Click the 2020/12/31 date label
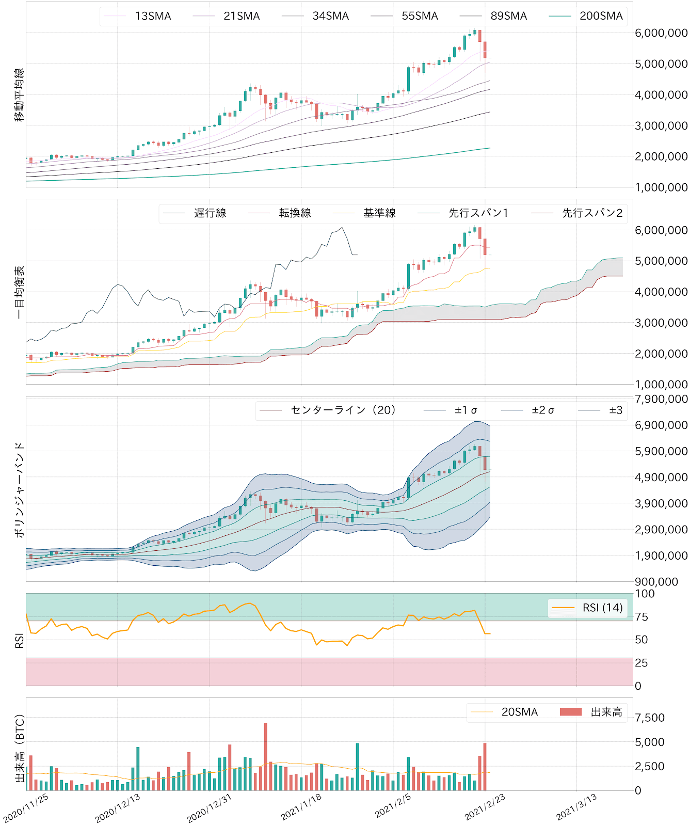[209, 808]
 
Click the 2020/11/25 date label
[26, 808]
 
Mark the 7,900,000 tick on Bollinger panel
[661, 399]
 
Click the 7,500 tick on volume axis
[649, 718]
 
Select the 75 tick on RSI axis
[641, 617]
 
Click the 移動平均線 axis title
[19, 94]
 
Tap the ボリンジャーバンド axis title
[19, 489]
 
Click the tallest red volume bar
[266, 756]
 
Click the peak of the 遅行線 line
[342, 228]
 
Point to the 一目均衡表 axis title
[19, 292]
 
